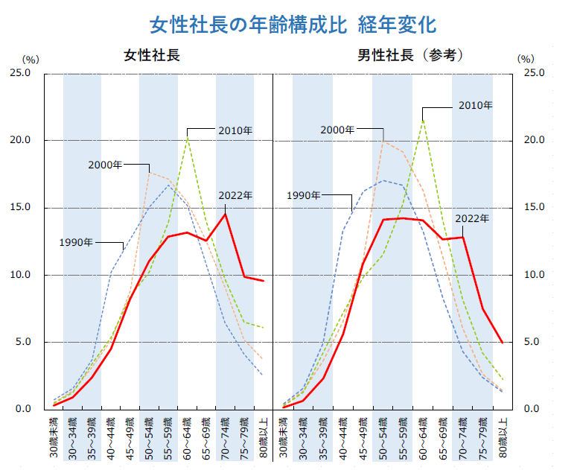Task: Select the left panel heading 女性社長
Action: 152,56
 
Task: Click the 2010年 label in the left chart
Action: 235,130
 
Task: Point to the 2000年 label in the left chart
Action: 105,165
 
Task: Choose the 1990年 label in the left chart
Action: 76,242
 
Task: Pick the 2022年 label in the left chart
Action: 235,195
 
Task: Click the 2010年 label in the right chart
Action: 475,106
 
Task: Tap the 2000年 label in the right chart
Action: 337,130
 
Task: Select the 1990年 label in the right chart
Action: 304,195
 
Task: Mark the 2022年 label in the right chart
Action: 472,218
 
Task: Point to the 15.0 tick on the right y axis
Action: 535,208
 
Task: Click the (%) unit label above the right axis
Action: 526,58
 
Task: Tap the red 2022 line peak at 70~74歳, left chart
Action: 226,214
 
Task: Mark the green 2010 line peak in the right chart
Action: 423,119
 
